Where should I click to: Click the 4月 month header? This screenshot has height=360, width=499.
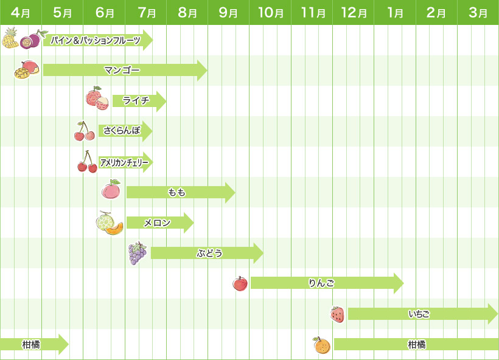coord(21,12)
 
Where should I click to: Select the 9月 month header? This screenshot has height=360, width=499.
coord(228,12)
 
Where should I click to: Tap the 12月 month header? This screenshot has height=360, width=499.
coord(354,12)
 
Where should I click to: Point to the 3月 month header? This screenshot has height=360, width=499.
coord(478,12)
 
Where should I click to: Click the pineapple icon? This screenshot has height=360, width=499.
coord(10,38)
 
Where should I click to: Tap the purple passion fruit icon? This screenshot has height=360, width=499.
coord(30,40)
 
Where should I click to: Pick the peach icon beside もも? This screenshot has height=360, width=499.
coord(111,190)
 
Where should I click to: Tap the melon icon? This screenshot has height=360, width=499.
coord(108,223)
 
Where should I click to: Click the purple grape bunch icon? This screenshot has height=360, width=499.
coord(137,253)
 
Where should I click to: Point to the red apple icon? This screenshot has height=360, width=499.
coord(240,283)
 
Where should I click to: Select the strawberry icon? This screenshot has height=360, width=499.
coord(337,314)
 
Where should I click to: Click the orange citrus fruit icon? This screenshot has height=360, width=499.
coord(321,345)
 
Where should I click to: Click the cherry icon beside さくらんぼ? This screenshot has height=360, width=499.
coord(84,131)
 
